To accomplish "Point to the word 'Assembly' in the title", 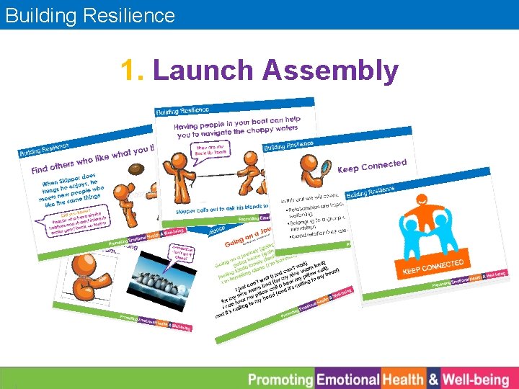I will tap(330, 71).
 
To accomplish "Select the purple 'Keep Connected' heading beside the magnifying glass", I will tap(371, 167).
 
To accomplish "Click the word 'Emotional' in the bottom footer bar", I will tap(348, 379).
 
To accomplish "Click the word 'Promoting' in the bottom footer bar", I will tap(280, 379).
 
